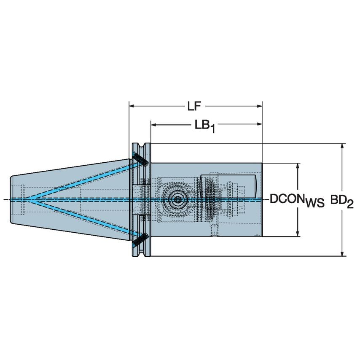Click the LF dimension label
pyautogui.click(x=194, y=107)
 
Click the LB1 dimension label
pyautogui.click(x=205, y=126)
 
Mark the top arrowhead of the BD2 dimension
pyautogui.click(x=342, y=146)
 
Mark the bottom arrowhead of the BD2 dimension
pyautogui.click(x=342, y=253)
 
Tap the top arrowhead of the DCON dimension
pyautogui.click(x=298, y=166)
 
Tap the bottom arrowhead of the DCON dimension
pyautogui.click(x=298, y=233)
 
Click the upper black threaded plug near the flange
pyautogui.click(x=139, y=159)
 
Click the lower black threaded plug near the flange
pyautogui.click(x=139, y=240)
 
